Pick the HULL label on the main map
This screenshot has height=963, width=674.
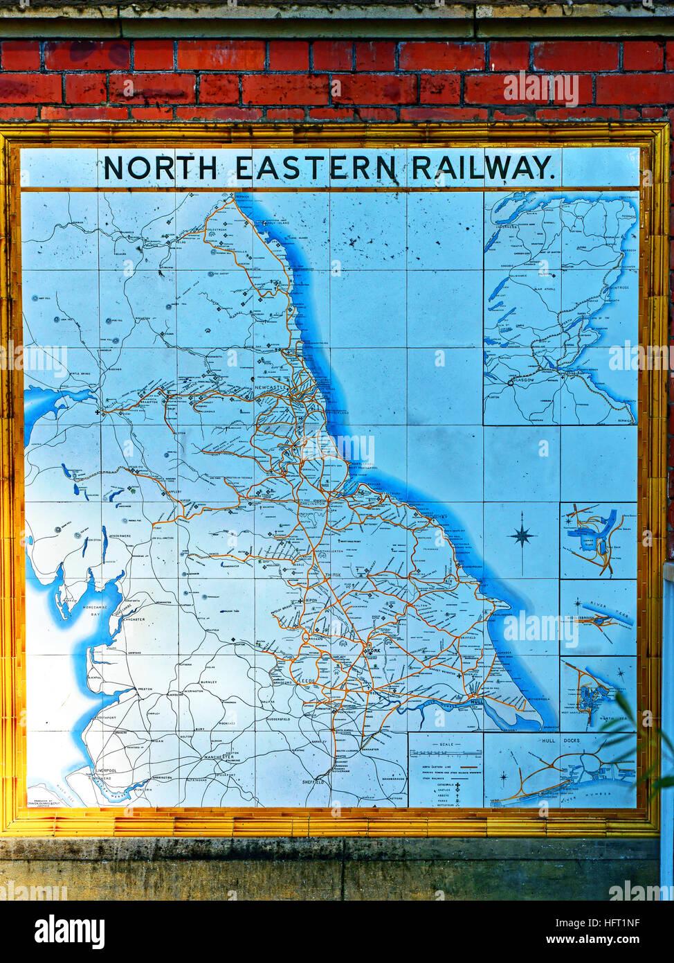click(476, 703)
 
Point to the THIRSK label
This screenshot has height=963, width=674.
click(334, 576)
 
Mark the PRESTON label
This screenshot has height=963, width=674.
click(145, 689)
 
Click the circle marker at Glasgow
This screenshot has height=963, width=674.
click(511, 382)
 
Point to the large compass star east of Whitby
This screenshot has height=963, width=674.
click(522, 536)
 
